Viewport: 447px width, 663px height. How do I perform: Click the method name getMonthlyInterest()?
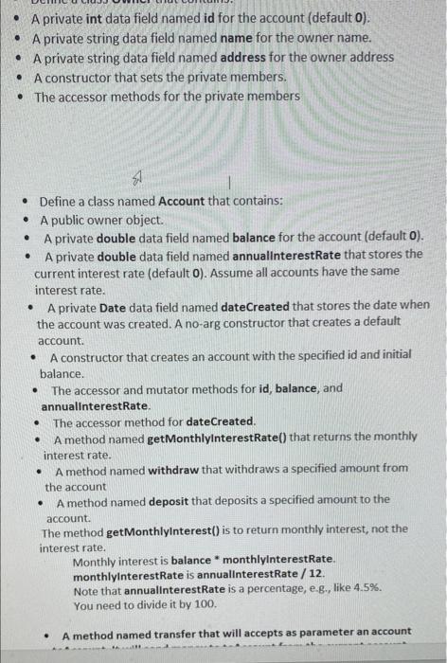click(156, 529)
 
